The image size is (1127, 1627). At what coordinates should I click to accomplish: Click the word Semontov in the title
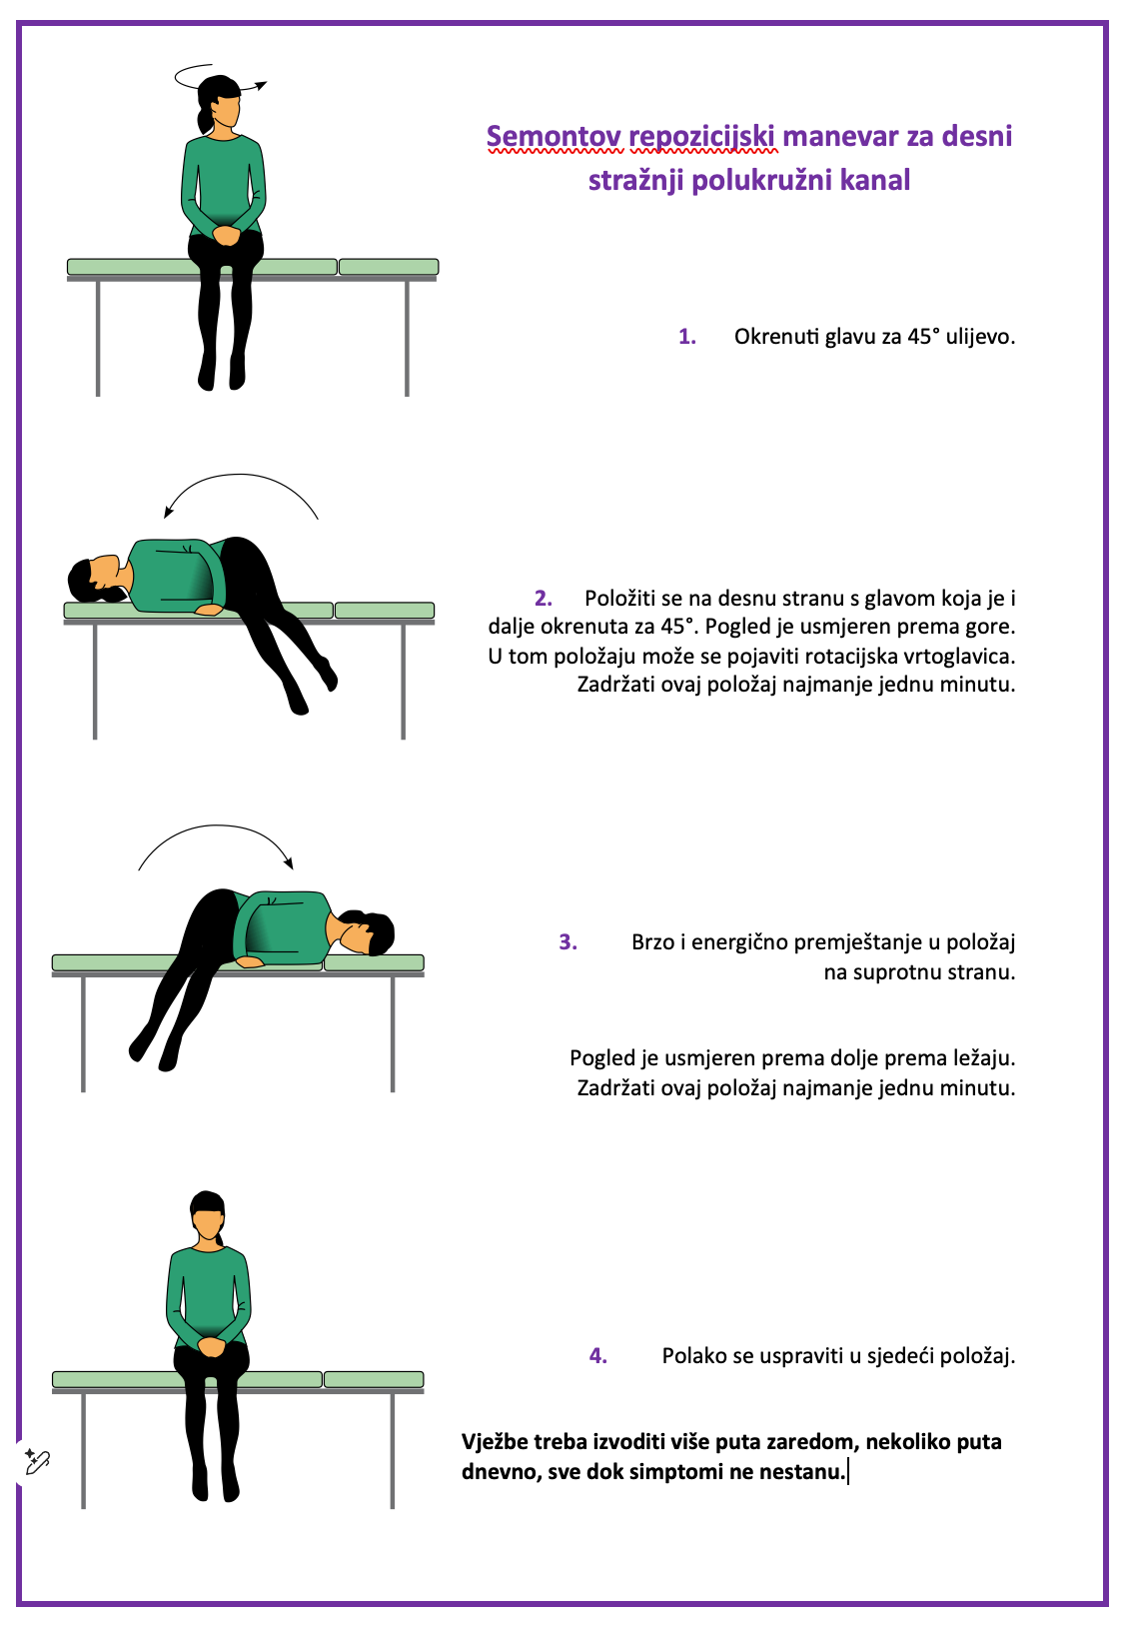(x=555, y=136)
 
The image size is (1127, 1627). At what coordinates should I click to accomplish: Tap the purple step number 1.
(x=687, y=337)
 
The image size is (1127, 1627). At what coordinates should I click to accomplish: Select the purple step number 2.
(x=544, y=599)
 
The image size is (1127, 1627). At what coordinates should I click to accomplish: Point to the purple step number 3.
(x=567, y=942)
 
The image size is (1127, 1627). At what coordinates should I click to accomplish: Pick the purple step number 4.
(x=598, y=1356)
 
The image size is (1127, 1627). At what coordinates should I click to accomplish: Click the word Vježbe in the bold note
(x=495, y=1442)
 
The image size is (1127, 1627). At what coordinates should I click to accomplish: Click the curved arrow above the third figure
(x=217, y=825)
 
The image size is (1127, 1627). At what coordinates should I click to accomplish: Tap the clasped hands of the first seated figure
(x=226, y=235)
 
